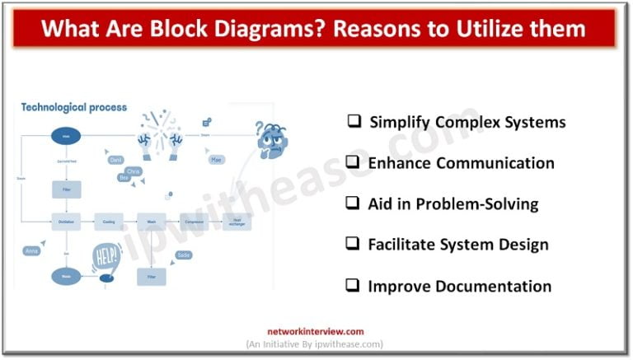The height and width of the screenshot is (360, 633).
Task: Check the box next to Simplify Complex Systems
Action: click(x=354, y=121)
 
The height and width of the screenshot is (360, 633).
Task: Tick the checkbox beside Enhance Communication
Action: click(x=353, y=162)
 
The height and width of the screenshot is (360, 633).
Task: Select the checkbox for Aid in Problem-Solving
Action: click(x=353, y=203)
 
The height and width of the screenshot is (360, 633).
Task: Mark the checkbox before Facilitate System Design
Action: click(x=353, y=244)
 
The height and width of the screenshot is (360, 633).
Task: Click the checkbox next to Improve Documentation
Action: click(x=353, y=286)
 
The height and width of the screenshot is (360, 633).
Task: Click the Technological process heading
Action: click(x=74, y=107)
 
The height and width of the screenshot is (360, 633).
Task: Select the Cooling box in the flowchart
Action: click(x=109, y=221)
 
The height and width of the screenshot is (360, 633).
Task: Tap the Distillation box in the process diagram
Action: click(x=67, y=221)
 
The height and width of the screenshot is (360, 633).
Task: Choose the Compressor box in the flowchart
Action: click(x=195, y=221)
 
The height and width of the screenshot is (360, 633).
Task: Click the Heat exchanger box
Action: click(x=237, y=221)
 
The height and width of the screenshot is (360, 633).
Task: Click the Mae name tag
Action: click(x=216, y=159)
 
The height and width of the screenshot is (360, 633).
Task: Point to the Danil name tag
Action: click(x=115, y=160)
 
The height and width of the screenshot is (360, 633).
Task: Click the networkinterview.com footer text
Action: click(x=316, y=331)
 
